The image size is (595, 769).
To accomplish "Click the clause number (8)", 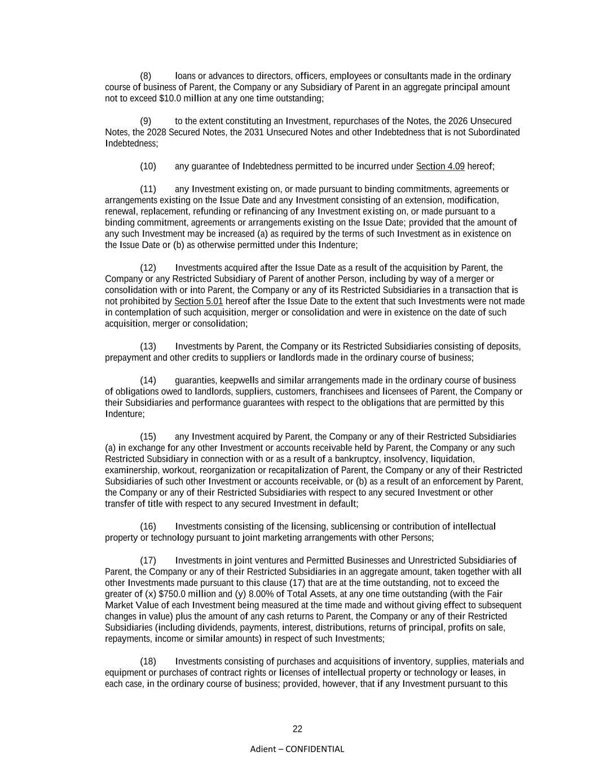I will (x=146, y=76).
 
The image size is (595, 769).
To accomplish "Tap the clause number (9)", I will (x=146, y=121).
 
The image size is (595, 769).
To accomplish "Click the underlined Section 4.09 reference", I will (x=440, y=166).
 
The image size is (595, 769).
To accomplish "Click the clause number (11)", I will (x=148, y=189).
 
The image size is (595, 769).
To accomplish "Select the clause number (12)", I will (x=148, y=268).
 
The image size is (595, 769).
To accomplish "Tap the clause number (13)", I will (x=148, y=346).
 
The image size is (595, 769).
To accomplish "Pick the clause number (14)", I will (x=148, y=380).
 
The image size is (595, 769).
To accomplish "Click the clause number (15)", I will (x=148, y=437).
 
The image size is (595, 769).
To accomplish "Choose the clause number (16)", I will (x=148, y=526).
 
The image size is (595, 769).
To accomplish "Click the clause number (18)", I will (x=148, y=661).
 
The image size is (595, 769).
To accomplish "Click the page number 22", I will (x=297, y=729).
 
